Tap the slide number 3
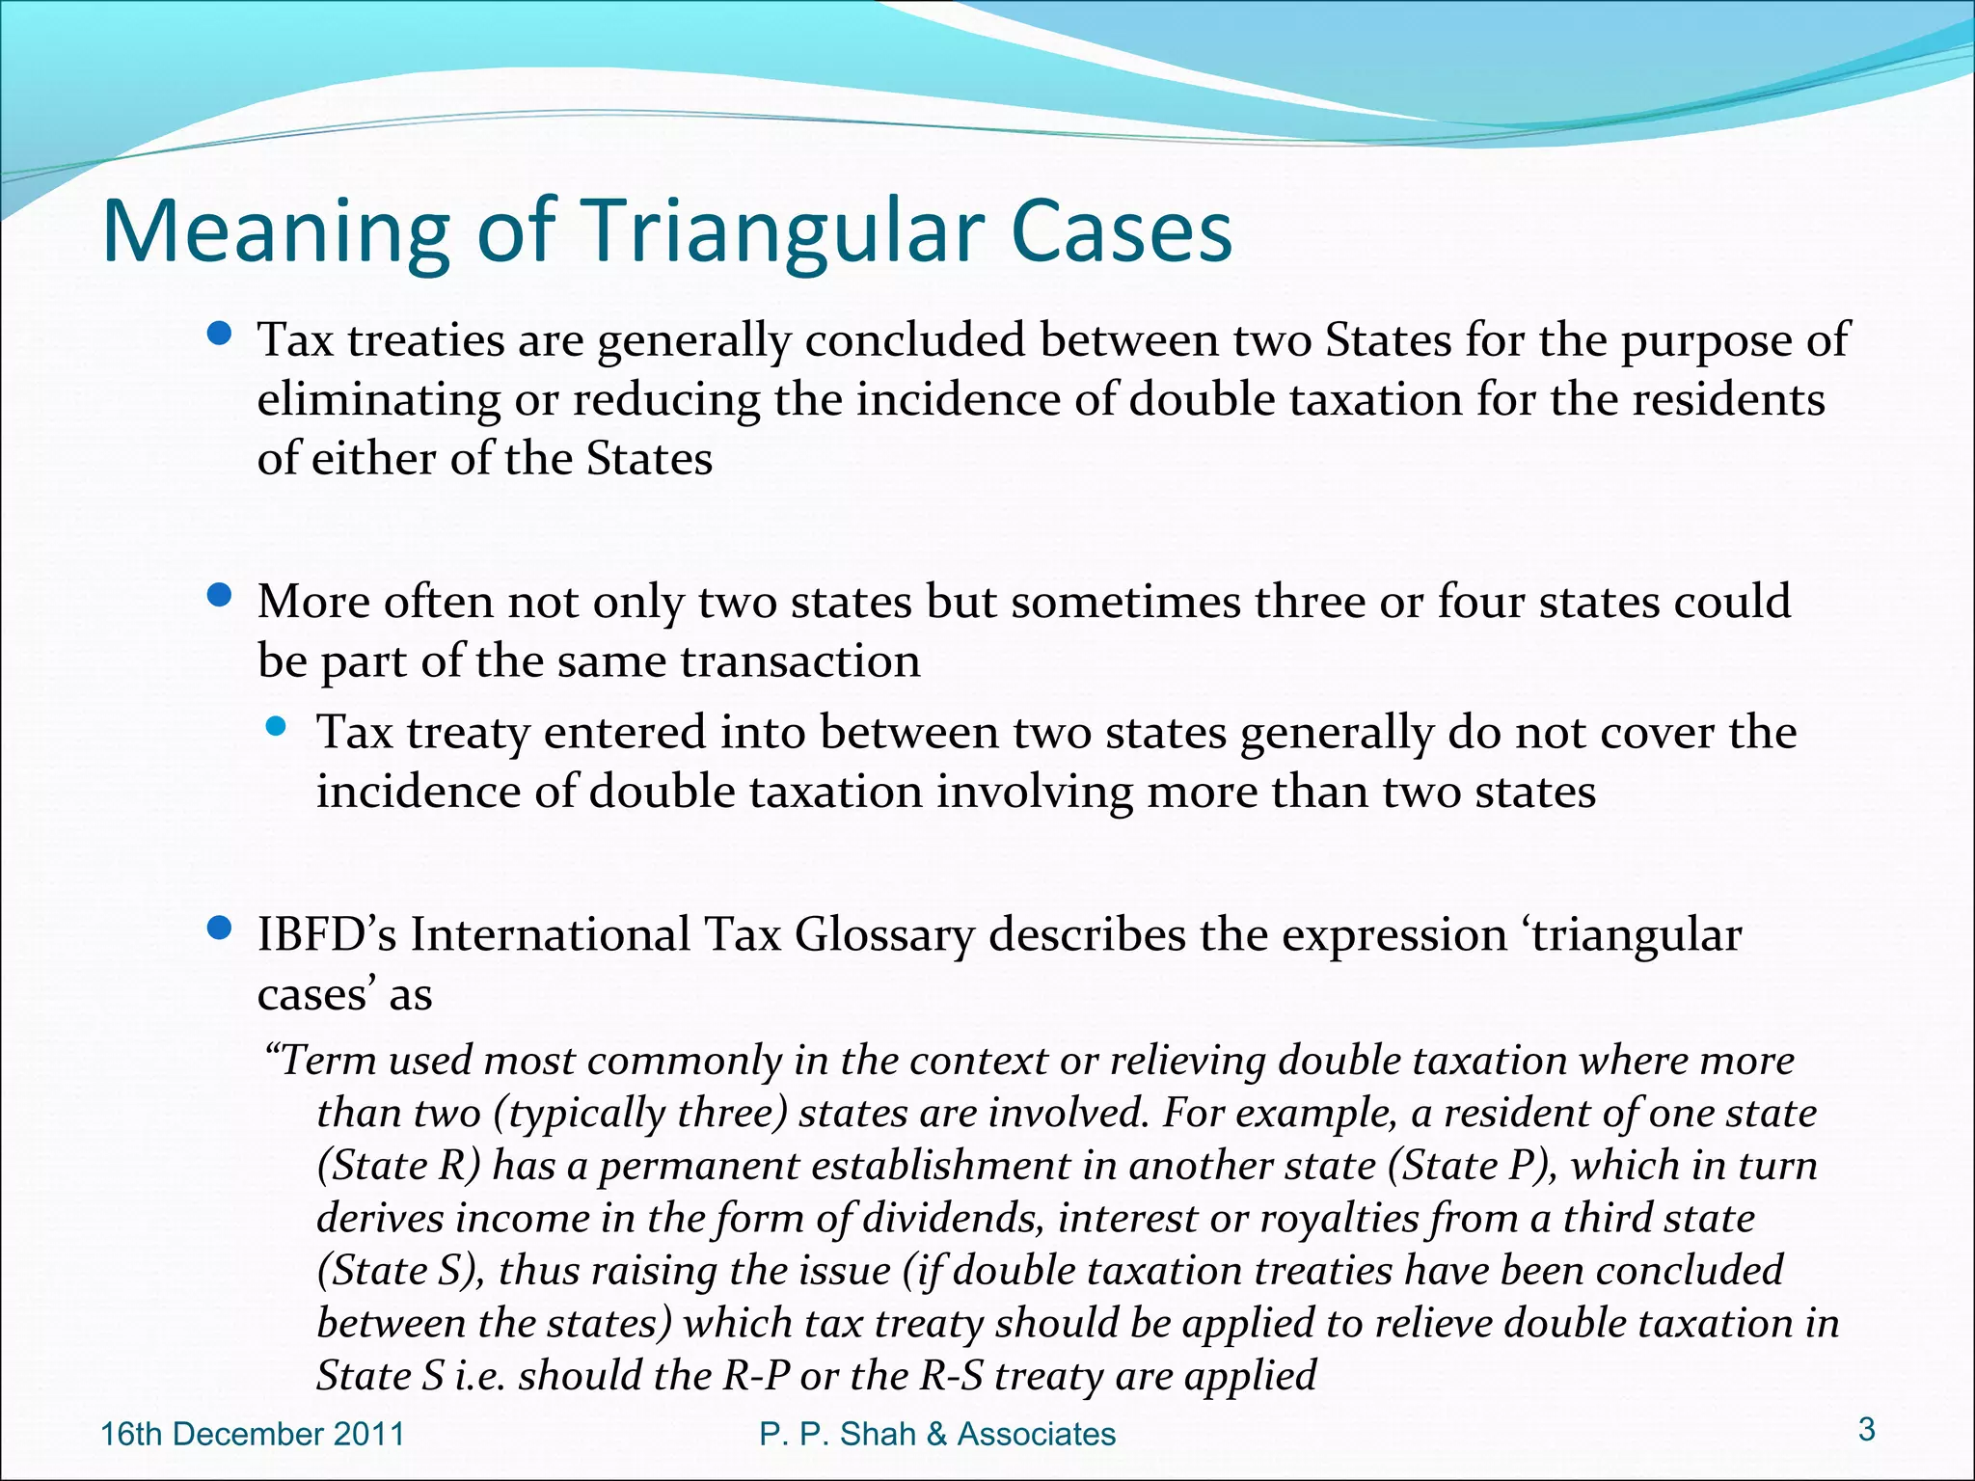[x=1867, y=1429]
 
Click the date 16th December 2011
[x=253, y=1434]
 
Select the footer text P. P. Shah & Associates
[x=937, y=1434]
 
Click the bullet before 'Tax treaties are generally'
[x=221, y=335]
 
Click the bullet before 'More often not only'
[x=221, y=596]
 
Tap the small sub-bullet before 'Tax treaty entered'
[x=276, y=727]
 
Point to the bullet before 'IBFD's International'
[x=221, y=929]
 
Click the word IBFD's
[x=327, y=934]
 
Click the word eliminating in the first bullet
[x=379, y=400]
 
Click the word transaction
[x=800, y=661]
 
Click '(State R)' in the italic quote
[x=398, y=1165]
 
